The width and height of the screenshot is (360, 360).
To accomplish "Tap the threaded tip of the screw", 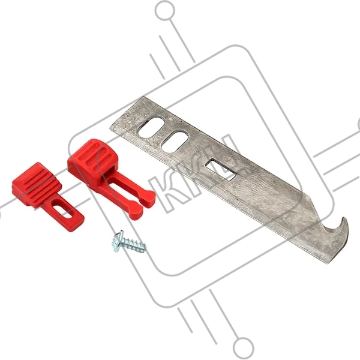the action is [x=143, y=248].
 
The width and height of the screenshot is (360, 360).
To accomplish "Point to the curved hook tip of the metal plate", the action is [x=344, y=220].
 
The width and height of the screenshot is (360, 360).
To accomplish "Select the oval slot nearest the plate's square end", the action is [x=151, y=128].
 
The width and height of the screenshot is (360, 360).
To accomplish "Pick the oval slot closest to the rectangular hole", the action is [x=175, y=141].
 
